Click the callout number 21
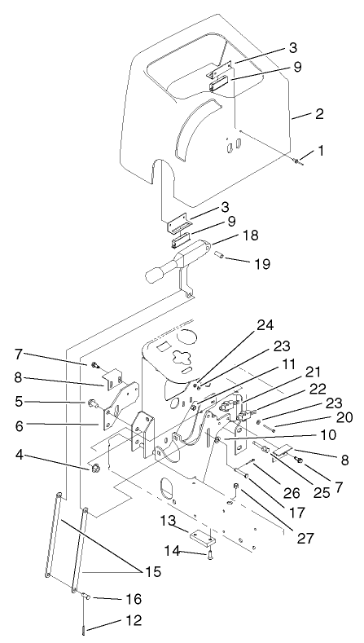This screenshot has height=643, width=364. pos(292,371)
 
